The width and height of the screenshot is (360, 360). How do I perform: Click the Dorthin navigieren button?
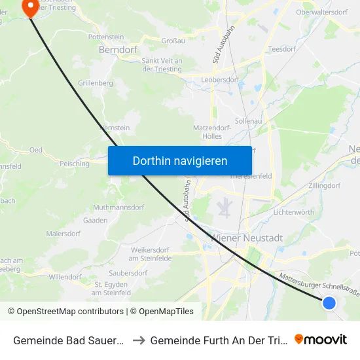180,160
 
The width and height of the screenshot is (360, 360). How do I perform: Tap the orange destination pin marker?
30,7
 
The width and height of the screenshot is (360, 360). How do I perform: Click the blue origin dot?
329,302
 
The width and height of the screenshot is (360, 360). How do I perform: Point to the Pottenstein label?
107,37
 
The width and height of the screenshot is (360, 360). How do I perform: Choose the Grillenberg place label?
96,83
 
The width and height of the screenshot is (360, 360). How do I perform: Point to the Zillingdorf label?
324,186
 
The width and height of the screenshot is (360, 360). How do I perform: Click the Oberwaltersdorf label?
321,12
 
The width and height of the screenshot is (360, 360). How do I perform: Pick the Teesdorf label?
282,48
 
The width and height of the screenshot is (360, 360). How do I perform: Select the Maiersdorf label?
63,233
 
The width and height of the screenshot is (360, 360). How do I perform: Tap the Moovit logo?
321,339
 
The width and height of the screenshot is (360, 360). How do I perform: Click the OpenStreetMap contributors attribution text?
66,312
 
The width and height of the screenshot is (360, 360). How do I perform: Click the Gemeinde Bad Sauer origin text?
65,340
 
